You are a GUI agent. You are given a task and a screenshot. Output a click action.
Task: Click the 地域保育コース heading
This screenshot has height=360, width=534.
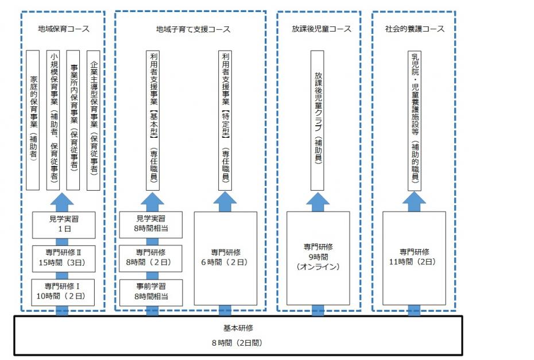pyautogui.click(x=64, y=29)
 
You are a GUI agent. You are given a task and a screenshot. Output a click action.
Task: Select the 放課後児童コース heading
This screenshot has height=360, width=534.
pyautogui.click(x=319, y=29)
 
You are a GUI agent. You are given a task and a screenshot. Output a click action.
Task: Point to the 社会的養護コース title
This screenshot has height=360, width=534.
pyautogui.click(x=415, y=29)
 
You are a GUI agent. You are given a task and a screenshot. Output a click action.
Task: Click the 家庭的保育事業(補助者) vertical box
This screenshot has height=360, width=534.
pyautogui.click(x=33, y=119)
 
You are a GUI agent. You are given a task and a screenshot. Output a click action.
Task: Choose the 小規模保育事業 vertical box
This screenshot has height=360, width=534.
pyautogui.click(x=53, y=119)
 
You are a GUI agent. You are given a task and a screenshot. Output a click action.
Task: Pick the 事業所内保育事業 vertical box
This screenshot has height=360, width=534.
pyautogui.click(x=73, y=119)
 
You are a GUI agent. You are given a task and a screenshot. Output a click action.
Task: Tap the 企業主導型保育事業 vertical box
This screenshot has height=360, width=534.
pyautogui.click(x=93, y=119)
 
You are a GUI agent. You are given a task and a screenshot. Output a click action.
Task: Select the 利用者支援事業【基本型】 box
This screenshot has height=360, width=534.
pyautogui.click(x=153, y=119)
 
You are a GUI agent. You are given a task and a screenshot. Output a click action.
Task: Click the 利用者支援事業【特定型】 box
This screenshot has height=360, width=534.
pyautogui.click(x=225, y=119)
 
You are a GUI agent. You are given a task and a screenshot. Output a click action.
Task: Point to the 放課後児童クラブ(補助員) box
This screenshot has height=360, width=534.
pyautogui.click(x=318, y=119)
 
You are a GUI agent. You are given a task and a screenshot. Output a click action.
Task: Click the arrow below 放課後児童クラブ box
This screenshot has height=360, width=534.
pyautogui.click(x=318, y=200)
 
